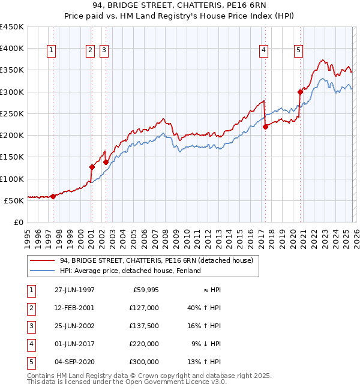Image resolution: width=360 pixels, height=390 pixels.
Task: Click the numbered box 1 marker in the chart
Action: point(52,51)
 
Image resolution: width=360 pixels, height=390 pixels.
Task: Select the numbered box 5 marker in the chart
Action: point(298,51)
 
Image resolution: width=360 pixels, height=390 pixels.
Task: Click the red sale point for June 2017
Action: point(265,127)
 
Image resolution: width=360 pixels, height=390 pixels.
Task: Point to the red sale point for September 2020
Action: point(299,92)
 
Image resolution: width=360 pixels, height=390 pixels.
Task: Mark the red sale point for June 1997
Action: point(53,196)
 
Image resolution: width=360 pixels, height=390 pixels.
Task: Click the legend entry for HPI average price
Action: point(130,271)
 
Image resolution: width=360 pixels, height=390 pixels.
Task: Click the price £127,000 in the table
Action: point(143,307)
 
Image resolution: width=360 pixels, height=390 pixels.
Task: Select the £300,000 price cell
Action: point(143,361)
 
